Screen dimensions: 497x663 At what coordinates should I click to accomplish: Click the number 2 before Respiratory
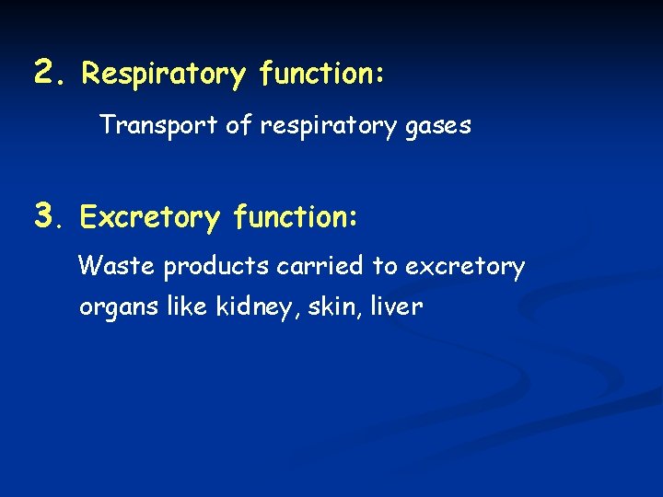pyautogui.click(x=45, y=71)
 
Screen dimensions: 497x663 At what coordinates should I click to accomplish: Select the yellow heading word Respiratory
pyautogui.click(x=164, y=75)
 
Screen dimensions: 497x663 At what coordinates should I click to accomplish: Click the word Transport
pyautogui.click(x=158, y=125)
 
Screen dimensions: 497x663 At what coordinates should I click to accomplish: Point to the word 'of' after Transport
pyautogui.click(x=238, y=124)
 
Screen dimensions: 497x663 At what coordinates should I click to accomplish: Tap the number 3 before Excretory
pyautogui.click(x=45, y=215)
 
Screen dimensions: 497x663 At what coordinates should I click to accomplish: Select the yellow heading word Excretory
pyautogui.click(x=150, y=219)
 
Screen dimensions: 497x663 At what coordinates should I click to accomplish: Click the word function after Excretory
pyautogui.click(x=295, y=217)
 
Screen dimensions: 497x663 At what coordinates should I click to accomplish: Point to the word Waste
pyautogui.click(x=117, y=267)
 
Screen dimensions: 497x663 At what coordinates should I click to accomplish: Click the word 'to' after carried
pyautogui.click(x=384, y=267)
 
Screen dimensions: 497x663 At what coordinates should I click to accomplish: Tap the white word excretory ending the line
pyautogui.click(x=465, y=269)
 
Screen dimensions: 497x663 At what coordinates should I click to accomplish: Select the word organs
pyautogui.click(x=117, y=308)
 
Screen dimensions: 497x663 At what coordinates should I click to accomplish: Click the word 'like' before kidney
pyautogui.click(x=185, y=306)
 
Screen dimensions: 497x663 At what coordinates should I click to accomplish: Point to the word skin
pyautogui.click(x=328, y=306)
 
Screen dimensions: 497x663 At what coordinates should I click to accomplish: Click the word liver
pyautogui.click(x=395, y=306)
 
